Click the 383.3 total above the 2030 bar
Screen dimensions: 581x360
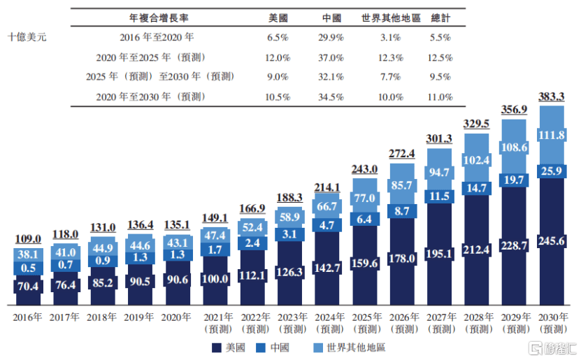(552, 97)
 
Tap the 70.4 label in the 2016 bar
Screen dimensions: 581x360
(28, 287)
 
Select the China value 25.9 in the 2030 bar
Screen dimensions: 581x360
(552, 171)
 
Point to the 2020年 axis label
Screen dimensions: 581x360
(176, 317)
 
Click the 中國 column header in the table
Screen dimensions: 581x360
(331, 17)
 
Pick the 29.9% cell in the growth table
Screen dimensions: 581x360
(331, 38)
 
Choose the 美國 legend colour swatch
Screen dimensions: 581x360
(217, 348)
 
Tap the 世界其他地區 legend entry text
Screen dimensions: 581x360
(357, 347)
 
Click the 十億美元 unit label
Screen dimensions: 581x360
(27, 37)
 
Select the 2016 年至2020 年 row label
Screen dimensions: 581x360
(157, 37)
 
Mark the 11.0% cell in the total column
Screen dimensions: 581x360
(440, 97)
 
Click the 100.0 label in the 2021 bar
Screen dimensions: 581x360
(215, 278)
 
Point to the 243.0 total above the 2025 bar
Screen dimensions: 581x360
(364, 169)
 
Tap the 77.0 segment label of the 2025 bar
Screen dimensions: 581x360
(364, 198)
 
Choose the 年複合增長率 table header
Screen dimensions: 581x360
(159, 17)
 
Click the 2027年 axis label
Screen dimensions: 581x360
(441, 317)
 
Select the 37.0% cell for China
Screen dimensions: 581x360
(331, 58)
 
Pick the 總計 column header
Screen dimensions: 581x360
(440, 17)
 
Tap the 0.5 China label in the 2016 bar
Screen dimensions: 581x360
(28, 268)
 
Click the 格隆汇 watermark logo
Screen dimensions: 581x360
(554, 348)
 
